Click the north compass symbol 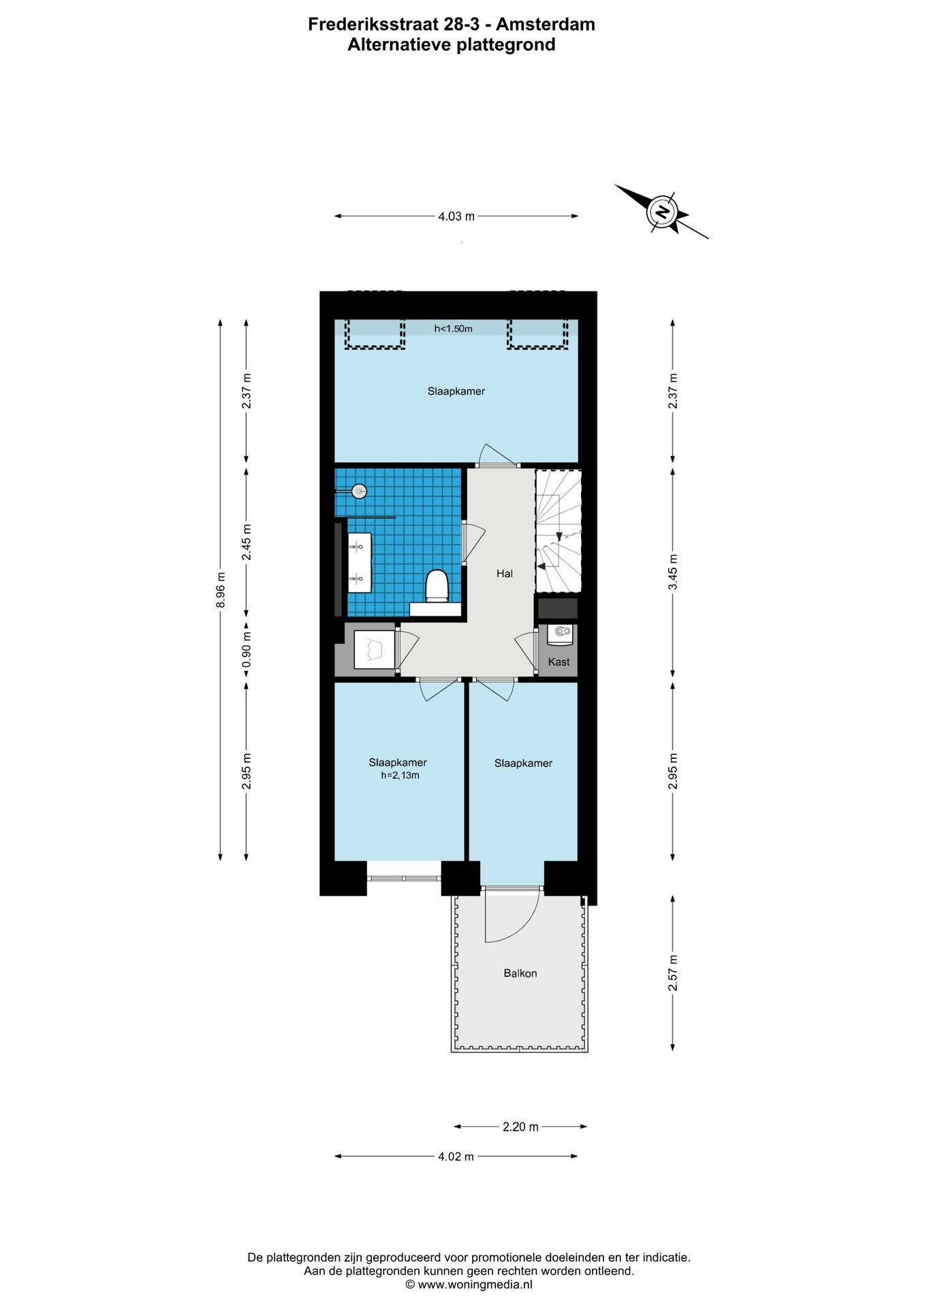[662, 211]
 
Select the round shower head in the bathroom [359, 490]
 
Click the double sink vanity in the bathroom [360, 563]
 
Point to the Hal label [505, 574]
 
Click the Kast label [559, 661]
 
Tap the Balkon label [520, 974]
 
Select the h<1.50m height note [453, 329]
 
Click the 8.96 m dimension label [220, 590]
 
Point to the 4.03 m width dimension [456, 216]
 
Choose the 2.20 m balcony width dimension [520, 1127]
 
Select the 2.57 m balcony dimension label [673, 974]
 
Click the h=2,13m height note [400, 775]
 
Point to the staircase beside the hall [559, 531]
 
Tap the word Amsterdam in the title [545, 25]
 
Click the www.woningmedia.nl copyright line [469, 1285]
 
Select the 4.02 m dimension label [456, 1156]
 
